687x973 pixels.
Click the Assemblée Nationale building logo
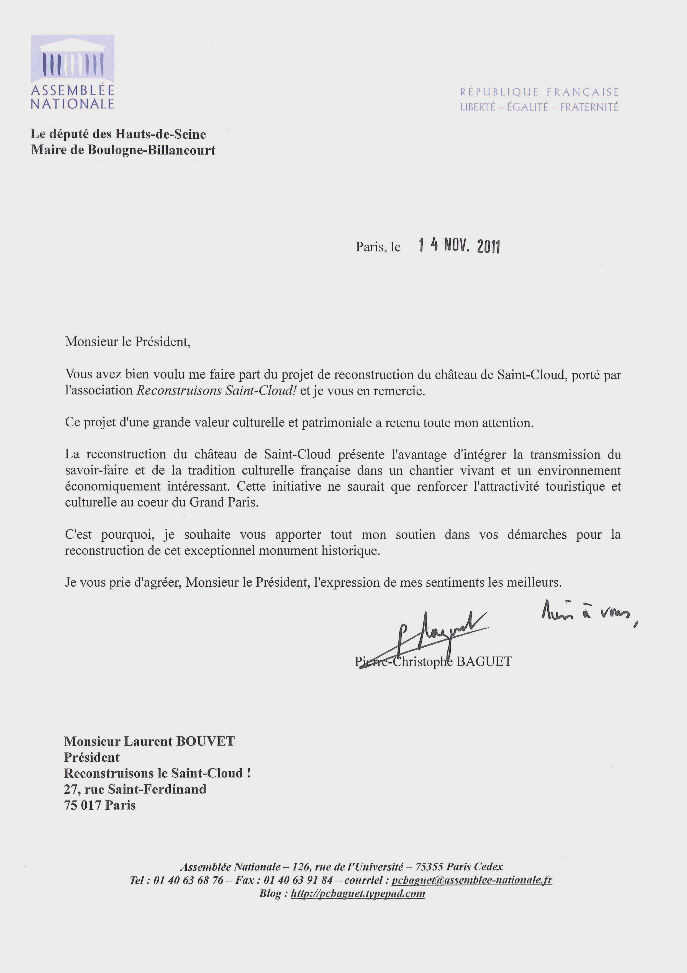click(x=72, y=59)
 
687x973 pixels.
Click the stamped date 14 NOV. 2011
click(x=459, y=245)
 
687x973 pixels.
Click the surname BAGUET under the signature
click(x=484, y=662)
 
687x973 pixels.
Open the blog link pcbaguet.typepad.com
click(x=358, y=893)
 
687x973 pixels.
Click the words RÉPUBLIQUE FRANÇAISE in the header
click(x=539, y=92)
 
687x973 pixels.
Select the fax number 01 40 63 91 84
click(x=298, y=880)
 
